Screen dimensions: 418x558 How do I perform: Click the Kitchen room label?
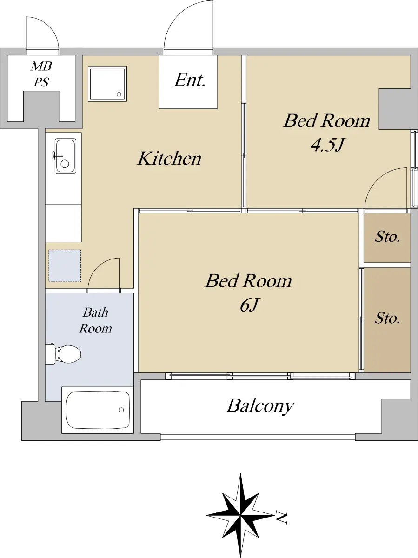click(169, 159)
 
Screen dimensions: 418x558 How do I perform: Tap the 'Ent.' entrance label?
click(190, 80)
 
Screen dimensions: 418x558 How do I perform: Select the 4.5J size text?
click(327, 145)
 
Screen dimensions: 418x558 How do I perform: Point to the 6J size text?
click(249, 305)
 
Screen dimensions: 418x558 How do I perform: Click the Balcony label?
click(261, 406)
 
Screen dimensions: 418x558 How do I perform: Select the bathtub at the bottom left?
click(98, 410)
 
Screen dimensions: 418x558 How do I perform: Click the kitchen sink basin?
click(66, 156)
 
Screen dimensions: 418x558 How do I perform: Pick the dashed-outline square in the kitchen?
click(65, 266)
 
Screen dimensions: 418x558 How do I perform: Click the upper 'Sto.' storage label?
click(387, 237)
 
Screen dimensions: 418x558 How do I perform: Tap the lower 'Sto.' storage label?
click(387, 318)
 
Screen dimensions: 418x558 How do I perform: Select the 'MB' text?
click(41, 66)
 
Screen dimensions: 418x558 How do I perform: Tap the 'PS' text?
click(41, 82)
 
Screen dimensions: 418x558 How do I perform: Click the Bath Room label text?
click(95, 320)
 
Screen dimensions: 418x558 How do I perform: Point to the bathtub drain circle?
click(121, 410)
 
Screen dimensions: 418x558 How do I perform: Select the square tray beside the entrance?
click(107, 84)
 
